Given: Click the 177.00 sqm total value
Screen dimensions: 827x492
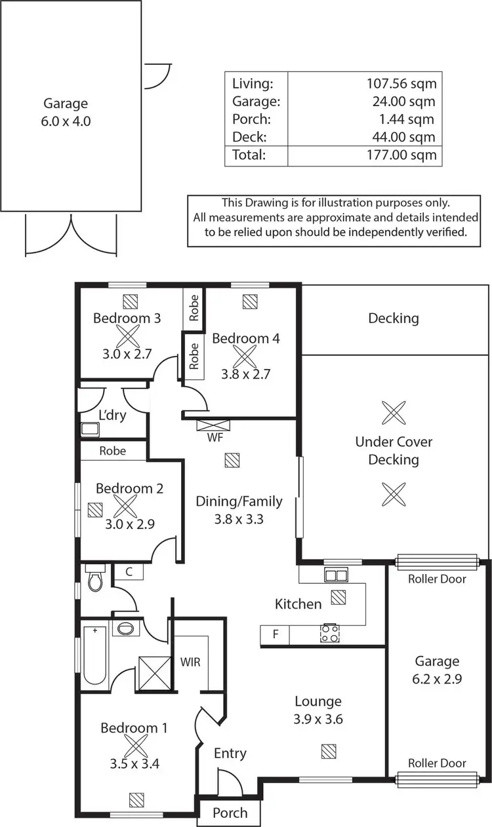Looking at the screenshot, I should (401, 155).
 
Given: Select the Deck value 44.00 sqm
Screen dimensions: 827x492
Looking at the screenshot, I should (405, 137).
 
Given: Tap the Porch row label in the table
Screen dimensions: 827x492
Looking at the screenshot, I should (251, 119).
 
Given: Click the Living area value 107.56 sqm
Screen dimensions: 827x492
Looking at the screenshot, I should (401, 83).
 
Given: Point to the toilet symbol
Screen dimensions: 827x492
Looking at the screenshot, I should (96, 579).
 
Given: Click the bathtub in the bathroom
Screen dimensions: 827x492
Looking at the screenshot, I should (93, 655).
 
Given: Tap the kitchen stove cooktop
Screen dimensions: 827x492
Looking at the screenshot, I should (329, 634).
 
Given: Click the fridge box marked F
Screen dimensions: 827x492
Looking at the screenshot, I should (275, 634).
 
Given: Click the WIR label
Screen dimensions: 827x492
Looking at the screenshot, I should (190, 661).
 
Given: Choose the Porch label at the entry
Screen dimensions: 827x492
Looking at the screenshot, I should (230, 813).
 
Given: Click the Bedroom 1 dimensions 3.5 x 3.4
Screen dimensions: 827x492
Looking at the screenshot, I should (134, 763).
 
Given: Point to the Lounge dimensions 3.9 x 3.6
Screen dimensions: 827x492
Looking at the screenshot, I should (318, 718).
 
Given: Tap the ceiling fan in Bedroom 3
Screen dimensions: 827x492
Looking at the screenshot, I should (128, 337).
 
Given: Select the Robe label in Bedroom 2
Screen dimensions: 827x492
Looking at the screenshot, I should (113, 451).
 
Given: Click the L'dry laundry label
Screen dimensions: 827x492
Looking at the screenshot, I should (112, 415).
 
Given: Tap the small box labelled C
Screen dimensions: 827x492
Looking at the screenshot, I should (129, 571).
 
